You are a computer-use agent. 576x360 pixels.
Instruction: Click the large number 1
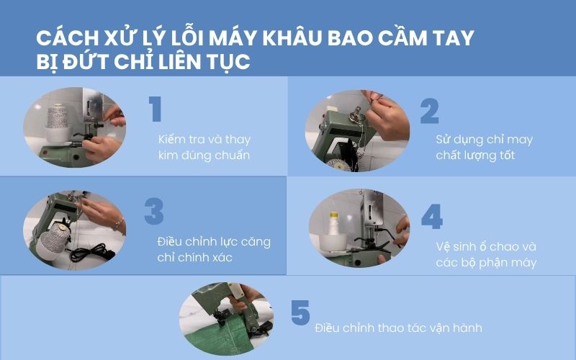(x=156, y=109)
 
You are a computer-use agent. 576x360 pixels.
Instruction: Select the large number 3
(x=154, y=212)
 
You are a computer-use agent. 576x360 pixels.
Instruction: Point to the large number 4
(x=431, y=217)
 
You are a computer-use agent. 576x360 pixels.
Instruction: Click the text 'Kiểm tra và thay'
(x=204, y=139)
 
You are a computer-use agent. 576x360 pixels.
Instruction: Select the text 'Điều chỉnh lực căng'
(x=213, y=241)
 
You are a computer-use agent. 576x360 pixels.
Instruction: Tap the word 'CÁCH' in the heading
(x=67, y=38)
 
